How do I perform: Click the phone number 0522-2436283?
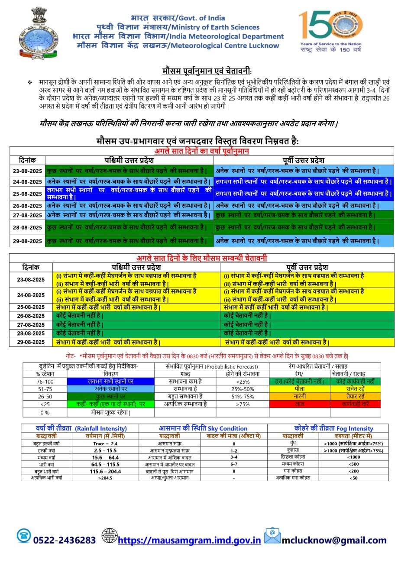65,540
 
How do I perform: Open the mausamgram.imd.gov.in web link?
189,540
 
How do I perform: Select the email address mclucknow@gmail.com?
334,540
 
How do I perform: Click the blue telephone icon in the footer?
24,536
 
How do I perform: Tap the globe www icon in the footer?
109,536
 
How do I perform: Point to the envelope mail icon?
272,536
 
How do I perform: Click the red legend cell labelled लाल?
299,404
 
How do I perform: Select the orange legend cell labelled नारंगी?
299,396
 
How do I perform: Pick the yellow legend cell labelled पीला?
299,388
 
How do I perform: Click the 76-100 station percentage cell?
45,381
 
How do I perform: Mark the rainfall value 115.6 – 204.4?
106,471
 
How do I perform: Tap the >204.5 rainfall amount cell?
106,478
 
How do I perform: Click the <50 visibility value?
353,478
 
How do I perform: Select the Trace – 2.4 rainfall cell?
106,443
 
